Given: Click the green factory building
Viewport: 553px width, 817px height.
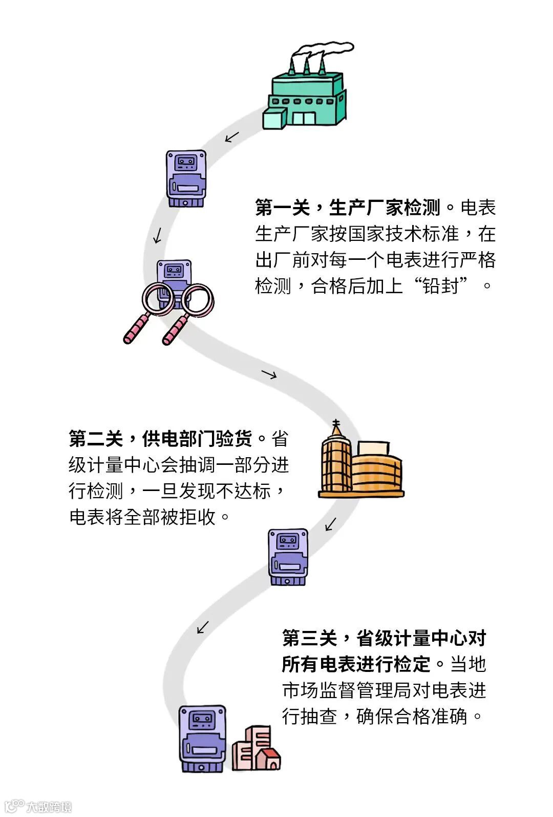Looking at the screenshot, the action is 307,100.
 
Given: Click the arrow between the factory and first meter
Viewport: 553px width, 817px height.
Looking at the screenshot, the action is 232,137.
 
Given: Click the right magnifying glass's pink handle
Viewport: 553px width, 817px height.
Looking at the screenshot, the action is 175,330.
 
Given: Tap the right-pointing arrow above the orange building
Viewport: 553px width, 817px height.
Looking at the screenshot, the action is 269,374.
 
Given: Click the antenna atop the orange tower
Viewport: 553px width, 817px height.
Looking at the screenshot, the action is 336,425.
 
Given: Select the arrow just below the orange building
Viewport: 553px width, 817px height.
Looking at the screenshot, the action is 331,524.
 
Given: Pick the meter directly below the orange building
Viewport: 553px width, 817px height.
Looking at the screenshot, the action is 288,557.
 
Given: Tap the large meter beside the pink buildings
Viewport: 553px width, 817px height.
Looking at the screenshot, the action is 202,739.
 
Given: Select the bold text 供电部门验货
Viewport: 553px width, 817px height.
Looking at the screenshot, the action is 197,439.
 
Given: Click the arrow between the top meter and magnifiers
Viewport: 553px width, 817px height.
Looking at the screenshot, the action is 158,235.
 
